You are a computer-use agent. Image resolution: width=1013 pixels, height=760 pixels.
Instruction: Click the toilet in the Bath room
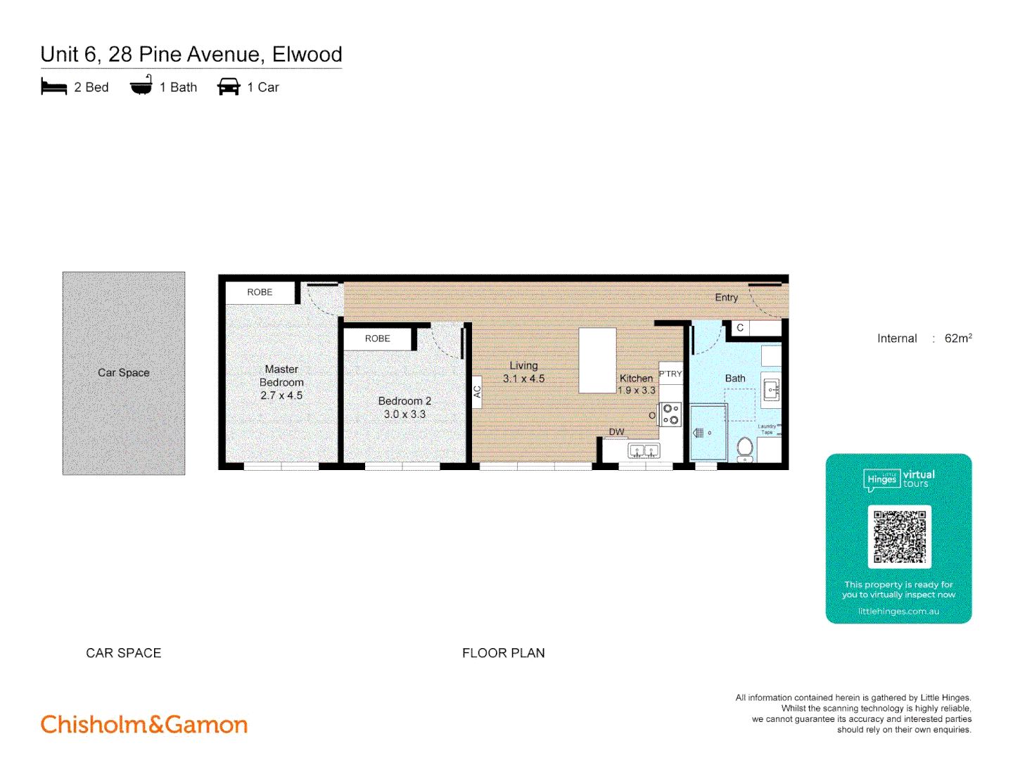click(745, 448)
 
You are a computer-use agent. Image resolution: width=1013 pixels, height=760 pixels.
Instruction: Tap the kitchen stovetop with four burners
click(671, 414)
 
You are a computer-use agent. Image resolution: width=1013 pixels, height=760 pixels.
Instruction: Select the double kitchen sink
click(644, 451)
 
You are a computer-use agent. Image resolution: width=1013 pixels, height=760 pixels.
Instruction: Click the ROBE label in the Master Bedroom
click(260, 292)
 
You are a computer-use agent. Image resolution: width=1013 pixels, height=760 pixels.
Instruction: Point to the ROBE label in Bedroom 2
click(377, 338)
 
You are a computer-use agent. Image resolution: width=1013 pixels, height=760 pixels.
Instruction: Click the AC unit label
click(477, 392)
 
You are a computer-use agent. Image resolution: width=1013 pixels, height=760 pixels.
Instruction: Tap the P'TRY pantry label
click(670, 374)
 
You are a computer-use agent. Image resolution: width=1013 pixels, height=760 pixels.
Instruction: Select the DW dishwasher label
click(616, 431)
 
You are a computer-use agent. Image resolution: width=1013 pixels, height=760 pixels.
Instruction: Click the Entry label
click(726, 298)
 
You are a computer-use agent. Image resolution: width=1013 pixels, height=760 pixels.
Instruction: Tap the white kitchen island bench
click(597, 360)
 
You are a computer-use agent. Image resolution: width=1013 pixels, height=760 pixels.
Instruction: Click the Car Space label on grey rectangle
click(124, 372)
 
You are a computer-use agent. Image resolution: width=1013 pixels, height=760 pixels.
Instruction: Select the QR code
click(899, 536)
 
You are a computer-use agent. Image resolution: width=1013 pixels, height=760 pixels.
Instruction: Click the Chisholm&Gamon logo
click(144, 724)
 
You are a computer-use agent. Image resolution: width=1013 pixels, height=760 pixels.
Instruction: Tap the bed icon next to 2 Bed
click(54, 87)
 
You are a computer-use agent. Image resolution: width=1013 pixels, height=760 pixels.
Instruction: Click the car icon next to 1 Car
click(229, 87)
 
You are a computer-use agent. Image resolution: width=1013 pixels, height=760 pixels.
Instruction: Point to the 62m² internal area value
click(957, 338)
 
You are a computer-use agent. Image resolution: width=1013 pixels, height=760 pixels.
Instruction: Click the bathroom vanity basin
click(771, 389)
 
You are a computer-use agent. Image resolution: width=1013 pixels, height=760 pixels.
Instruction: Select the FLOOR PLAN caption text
click(503, 653)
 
